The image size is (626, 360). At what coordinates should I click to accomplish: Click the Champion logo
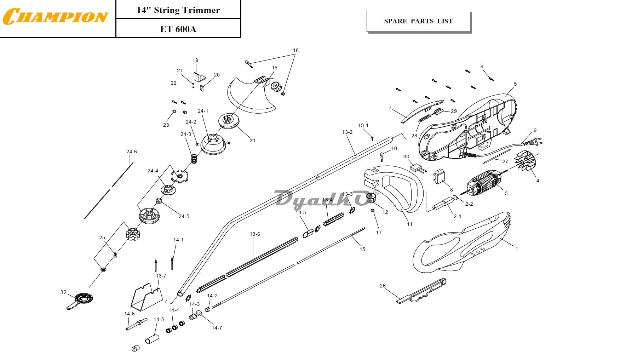pyautogui.click(x=55, y=16)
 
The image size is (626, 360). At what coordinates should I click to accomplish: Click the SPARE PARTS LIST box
pyautogui.click(x=418, y=21)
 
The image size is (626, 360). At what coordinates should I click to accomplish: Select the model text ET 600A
pyautogui.click(x=178, y=29)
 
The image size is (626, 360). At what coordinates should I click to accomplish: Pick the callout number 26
pyautogui.click(x=383, y=286)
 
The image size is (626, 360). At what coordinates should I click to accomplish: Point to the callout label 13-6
pyautogui.click(x=255, y=234)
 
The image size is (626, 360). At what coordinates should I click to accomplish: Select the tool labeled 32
pyautogui.click(x=80, y=300)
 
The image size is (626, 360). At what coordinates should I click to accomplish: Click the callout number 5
pyautogui.click(x=515, y=84)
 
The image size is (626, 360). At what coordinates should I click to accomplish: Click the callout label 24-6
pyautogui.click(x=131, y=152)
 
